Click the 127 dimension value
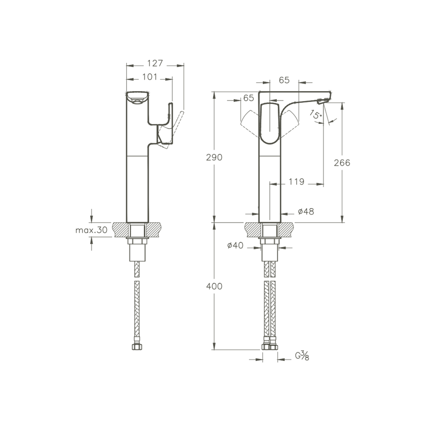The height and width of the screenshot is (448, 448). (x=155, y=63)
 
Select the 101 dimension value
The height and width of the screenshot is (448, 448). (x=150, y=77)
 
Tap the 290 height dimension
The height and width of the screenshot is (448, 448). (x=214, y=157)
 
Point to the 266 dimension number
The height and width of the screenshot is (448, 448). (x=342, y=163)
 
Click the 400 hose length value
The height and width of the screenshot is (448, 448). (x=214, y=286)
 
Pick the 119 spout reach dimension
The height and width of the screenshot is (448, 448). (x=296, y=181)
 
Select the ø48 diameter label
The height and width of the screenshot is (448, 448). (x=306, y=212)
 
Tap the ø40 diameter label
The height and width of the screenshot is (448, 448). (x=235, y=245)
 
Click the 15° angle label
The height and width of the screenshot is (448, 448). (x=316, y=114)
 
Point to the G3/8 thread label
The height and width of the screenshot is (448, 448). (x=302, y=356)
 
